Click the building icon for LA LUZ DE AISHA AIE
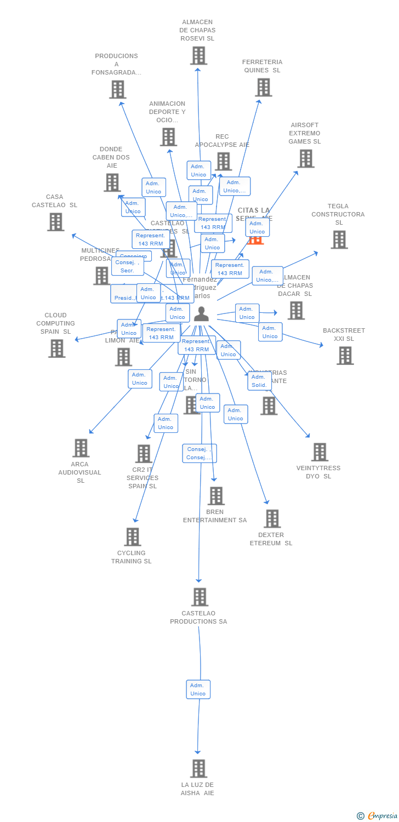pos(198,768)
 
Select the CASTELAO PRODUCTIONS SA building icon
pos(200,597)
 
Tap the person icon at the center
pos(202,314)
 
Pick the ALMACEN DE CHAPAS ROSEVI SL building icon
pos(198,55)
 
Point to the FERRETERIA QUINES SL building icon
pos(263,87)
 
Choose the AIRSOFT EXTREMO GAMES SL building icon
pos(305,158)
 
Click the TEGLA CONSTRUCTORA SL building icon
pos(339,239)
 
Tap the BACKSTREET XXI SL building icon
pos(345,355)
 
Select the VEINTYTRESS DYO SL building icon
pos(320,452)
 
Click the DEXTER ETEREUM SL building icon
pos(272,518)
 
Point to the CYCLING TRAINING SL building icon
pos(133,537)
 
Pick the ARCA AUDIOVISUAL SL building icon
pos(81,448)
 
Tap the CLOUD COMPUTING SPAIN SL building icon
pos(56,348)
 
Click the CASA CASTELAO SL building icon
pos(55,221)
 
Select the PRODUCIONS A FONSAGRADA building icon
pos(117,89)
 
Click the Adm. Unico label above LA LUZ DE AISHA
pos(198,689)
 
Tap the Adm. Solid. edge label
pos(259,381)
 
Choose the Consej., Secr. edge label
pos(127,266)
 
